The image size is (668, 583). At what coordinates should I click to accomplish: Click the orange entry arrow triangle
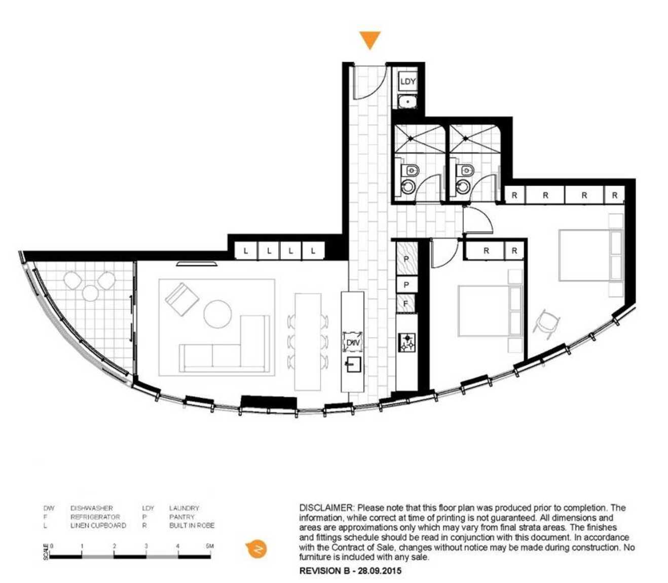pos(369,39)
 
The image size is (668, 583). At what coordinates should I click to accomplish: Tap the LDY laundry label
pos(408,81)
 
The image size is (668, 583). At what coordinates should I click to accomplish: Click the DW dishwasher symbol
pos(352,342)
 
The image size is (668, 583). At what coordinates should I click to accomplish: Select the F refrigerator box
pos(406,304)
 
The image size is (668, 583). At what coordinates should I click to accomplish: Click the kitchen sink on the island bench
pos(354,365)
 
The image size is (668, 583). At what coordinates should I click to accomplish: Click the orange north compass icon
pos(256,549)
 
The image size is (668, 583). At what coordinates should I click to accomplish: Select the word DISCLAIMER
pos(326,508)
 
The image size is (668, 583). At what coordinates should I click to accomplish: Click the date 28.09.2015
pos(380,571)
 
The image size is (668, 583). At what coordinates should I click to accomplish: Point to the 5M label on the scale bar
pos(210,546)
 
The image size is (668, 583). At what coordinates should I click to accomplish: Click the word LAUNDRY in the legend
pos(184,508)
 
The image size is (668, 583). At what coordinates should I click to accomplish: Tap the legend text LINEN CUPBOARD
pos(98,526)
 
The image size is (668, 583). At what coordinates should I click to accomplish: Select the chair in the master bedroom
pos(546,323)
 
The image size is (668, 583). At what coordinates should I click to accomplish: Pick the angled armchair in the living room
pos(182,299)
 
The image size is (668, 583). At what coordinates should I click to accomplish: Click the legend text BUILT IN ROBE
pos(192,526)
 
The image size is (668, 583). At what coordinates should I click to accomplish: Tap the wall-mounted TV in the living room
pos(197,264)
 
